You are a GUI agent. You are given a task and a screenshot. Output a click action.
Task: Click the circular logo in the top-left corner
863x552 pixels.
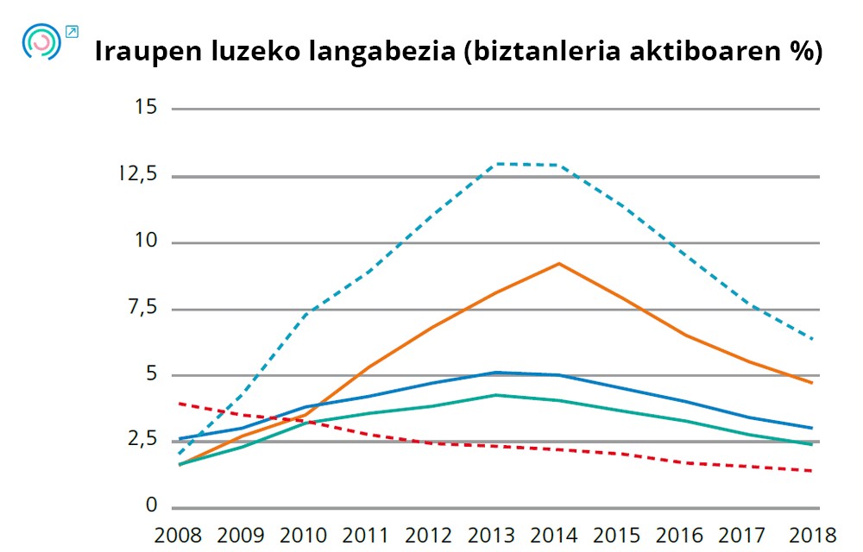[x=41, y=42]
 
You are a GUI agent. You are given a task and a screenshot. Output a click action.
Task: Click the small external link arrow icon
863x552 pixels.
[x=72, y=32]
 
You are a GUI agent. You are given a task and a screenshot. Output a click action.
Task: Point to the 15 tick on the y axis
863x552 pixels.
[x=146, y=108]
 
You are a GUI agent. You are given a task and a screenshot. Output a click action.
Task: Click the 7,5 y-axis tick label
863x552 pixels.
[x=143, y=308]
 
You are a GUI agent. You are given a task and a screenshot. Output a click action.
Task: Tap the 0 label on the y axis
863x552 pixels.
[x=153, y=506]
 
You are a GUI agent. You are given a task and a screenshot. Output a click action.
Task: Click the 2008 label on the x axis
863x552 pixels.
[x=178, y=535]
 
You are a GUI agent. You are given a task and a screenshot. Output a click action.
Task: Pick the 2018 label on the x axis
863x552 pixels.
[x=812, y=535]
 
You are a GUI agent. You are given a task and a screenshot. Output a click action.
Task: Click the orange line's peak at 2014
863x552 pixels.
[x=559, y=263]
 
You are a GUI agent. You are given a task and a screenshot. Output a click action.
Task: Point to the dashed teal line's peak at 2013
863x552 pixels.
[x=497, y=164]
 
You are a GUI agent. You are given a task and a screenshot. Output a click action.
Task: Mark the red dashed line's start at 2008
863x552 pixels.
[x=179, y=403]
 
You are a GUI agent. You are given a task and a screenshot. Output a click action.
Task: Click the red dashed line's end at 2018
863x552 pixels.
[x=812, y=471]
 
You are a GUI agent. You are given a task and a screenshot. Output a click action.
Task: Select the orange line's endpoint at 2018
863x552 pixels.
[x=812, y=382]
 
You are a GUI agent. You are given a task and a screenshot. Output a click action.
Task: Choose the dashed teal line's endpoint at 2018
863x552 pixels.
[x=812, y=338]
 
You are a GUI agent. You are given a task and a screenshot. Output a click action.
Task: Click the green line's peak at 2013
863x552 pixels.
[x=495, y=395]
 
